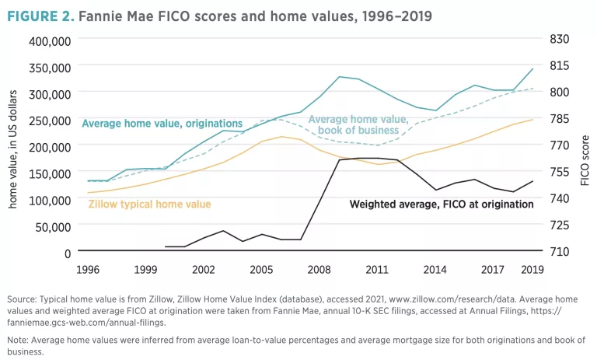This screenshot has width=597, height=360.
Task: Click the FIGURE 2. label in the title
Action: (x=37, y=16)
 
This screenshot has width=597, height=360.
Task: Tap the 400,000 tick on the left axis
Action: (x=50, y=40)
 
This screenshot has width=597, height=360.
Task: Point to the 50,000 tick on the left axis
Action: (x=54, y=226)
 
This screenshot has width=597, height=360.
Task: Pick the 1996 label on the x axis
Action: (x=87, y=270)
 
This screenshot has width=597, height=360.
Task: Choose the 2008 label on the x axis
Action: (x=319, y=270)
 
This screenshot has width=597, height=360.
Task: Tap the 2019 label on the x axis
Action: (x=532, y=270)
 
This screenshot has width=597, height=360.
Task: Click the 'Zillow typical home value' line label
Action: (x=149, y=204)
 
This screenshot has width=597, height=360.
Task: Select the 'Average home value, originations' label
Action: (x=162, y=124)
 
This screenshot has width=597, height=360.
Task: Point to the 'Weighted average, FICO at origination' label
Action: (x=441, y=204)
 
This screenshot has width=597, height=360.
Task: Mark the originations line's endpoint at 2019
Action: (x=532, y=68)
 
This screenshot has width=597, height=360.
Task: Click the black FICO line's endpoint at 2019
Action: (x=532, y=181)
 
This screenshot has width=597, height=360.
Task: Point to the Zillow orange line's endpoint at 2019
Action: (x=532, y=120)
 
